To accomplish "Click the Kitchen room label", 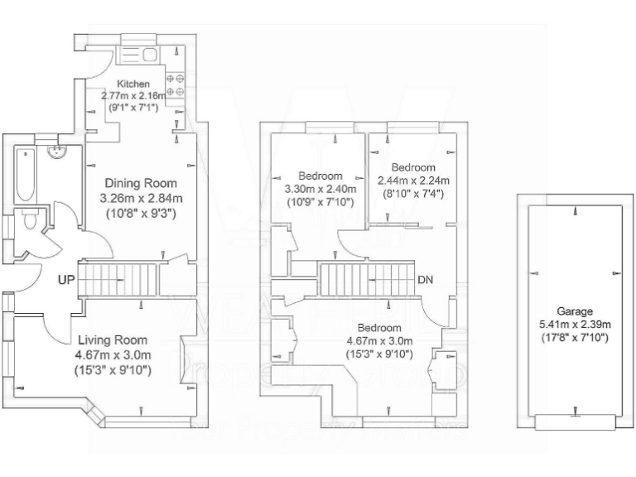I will [x=132, y=84].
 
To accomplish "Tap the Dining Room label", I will [x=138, y=183].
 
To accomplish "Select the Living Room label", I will [x=113, y=340].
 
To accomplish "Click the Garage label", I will [x=575, y=311].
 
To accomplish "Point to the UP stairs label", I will [x=67, y=280].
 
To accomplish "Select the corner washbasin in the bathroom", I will [x=58, y=152].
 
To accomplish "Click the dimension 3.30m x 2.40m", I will [x=320, y=189].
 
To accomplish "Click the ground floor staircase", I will [x=123, y=279].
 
